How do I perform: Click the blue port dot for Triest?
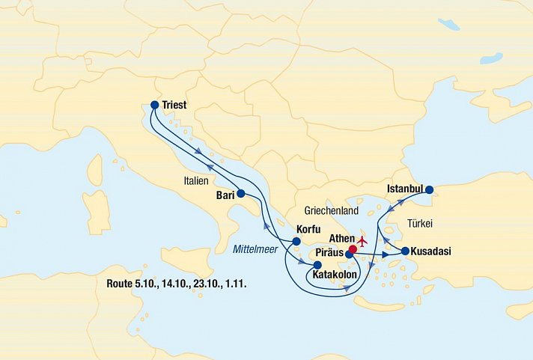154,106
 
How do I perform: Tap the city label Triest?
174,106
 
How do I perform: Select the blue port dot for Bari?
240,193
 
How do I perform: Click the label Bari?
225,195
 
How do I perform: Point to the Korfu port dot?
296,241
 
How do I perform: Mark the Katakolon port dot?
317,265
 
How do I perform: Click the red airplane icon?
364,241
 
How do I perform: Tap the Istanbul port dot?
430,189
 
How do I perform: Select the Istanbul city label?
406,189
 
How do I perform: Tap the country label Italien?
198,181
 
